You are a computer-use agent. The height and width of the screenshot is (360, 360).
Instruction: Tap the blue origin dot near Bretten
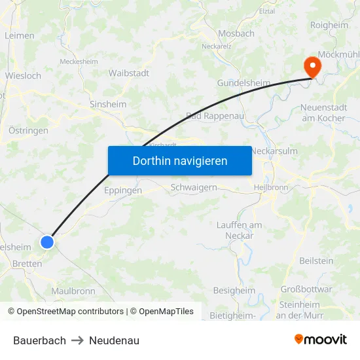click(x=47, y=242)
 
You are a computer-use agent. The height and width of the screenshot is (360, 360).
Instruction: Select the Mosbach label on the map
click(x=236, y=33)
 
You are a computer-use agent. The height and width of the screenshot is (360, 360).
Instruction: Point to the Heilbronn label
click(x=270, y=187)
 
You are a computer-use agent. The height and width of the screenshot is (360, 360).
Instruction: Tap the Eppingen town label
click(x=123, y=190)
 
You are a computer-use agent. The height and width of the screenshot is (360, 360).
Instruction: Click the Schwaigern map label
click(x=193, y=187)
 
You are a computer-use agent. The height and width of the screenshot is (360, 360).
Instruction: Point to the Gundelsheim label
click(x=243, y=83)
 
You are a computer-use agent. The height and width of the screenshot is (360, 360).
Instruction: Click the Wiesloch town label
click(x=23, y=76)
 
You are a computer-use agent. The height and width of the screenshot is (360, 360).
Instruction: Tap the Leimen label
click(x=19, y=36)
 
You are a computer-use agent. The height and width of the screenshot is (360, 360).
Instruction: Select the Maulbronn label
click(x=73, y=291)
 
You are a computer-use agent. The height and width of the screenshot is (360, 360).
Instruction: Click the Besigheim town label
click(x=234, y=291)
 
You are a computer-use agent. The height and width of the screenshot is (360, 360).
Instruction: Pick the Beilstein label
click(x=316, y=261)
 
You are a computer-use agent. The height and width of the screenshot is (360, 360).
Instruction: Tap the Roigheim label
click(x=329, y=25)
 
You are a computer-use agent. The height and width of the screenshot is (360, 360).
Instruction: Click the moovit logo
click(x=321, y=340)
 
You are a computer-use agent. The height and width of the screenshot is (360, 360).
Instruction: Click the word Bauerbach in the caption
click(x=39, y=340)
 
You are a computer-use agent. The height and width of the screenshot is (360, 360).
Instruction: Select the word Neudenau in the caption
click(x=114, y=340)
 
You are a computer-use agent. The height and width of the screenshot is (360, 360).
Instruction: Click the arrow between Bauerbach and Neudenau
click(x=77, y=340)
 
